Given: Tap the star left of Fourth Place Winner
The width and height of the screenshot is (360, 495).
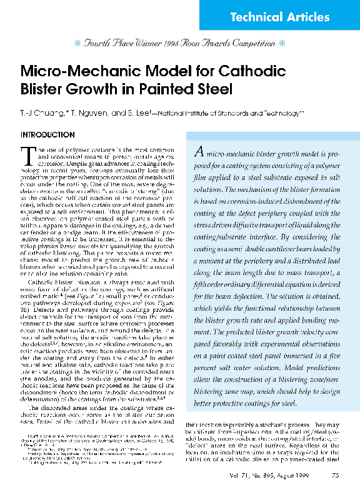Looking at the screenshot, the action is click(x=77, y=44).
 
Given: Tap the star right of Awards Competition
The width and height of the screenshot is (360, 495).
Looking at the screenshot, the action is click(x=282, y=44).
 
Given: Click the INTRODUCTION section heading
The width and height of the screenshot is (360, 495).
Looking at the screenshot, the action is click(x=48, y=135).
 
